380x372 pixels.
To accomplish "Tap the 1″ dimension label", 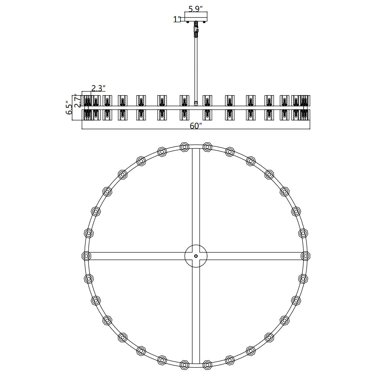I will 177,19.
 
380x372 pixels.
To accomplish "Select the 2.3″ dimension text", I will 98,88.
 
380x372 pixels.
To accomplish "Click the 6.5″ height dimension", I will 69,107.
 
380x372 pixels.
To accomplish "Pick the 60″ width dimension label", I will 196,125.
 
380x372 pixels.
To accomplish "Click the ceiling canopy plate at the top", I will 196,17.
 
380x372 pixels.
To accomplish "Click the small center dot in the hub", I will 196,256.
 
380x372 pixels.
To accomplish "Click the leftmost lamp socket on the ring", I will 86,255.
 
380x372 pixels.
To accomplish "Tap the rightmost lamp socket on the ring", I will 306,255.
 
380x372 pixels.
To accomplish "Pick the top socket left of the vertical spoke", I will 184,146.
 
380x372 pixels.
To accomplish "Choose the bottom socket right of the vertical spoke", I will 207,364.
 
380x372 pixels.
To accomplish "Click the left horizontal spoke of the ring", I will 137,256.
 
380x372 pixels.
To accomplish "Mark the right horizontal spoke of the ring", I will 254,256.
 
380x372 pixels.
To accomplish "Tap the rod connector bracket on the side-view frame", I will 196,103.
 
